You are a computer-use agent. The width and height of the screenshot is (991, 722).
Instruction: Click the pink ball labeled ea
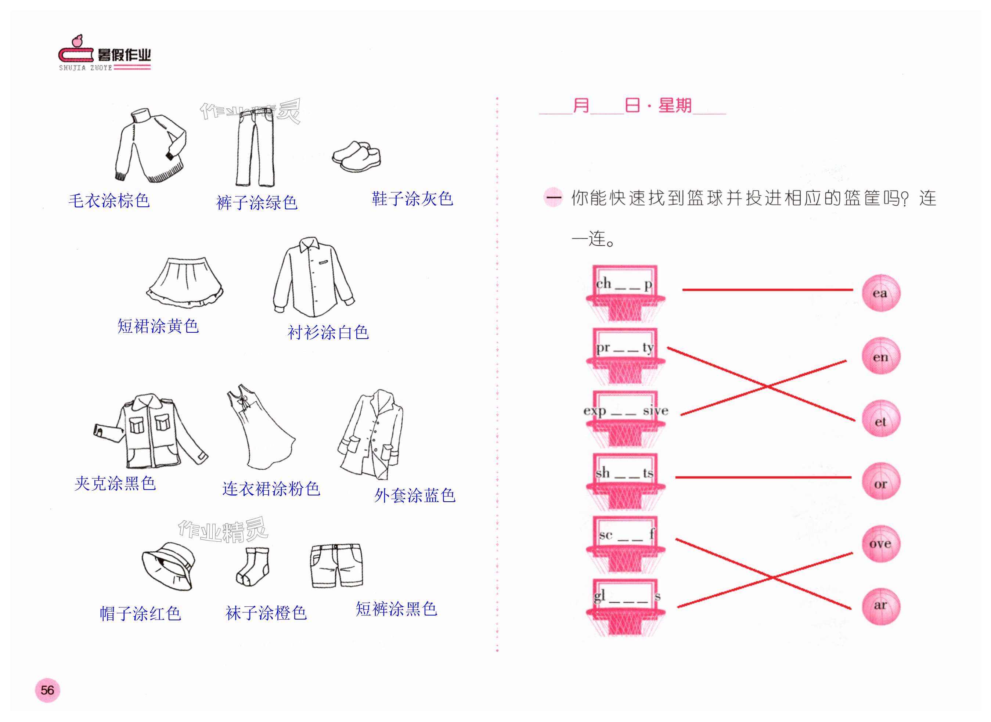tap(880, 293)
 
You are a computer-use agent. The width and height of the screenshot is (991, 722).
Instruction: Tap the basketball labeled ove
tap(880, 544)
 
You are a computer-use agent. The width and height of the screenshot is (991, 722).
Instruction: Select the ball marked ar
tap(880, 606)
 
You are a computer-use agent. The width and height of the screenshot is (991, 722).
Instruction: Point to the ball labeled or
tap(880, 481)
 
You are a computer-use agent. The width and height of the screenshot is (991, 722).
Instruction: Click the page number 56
tap(47, 690)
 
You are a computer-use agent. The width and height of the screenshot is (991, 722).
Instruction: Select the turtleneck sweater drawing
tap(150, 145)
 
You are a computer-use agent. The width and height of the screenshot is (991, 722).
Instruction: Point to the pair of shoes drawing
tap(356, 156)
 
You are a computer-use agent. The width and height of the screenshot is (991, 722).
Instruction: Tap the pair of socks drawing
tap(253, 566)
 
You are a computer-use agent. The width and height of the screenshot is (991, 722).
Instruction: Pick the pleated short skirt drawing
tap(185, 282)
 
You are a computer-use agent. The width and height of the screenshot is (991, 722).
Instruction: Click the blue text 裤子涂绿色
tap(257, 203)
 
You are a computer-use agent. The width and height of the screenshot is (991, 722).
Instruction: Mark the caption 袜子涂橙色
tap(266, 613)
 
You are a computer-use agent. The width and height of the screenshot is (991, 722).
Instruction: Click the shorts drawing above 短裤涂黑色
tap(336, 566)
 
